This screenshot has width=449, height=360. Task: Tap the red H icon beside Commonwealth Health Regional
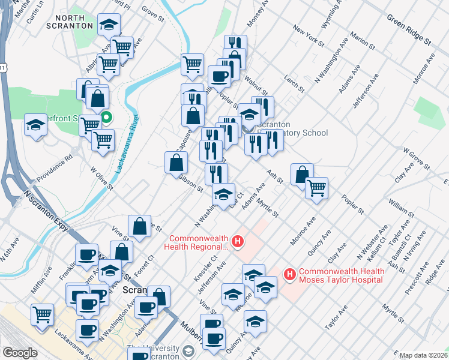click(238, 242)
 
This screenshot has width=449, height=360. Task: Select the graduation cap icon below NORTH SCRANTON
click(109, 25)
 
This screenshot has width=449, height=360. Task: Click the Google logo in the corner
click(20, 353)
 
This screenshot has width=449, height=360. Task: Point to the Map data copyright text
click(423, 355)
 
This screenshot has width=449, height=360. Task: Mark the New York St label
click(309, 36)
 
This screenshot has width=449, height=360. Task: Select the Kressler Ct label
click(205, 271)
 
